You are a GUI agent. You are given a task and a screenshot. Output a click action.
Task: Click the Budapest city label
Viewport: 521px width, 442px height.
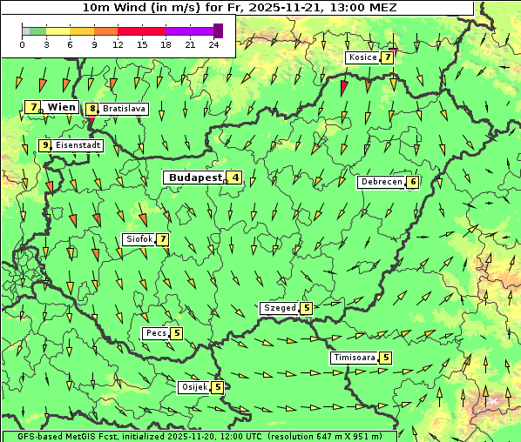point(195,177)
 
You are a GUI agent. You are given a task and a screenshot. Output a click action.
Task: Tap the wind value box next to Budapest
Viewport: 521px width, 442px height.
point(235,177)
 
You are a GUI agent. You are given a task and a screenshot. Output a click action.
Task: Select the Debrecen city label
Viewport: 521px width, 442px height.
point(382,182)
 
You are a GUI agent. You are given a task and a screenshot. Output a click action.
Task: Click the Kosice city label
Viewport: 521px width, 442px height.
point(362,57)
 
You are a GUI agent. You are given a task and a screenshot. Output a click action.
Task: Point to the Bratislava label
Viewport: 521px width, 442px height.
point(123,110)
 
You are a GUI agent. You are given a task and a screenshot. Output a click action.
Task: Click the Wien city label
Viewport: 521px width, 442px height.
point(62,107)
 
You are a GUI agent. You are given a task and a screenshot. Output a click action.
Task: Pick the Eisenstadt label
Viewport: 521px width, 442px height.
point(78,145)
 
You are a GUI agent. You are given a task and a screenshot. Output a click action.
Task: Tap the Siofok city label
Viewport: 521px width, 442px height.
point(139,239)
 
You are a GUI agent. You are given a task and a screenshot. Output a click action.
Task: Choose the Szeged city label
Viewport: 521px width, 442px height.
point(279,308)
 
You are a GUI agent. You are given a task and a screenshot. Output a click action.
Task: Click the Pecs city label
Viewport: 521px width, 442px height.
point(156,333)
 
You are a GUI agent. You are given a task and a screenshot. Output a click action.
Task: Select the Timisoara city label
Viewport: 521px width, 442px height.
point(354,358)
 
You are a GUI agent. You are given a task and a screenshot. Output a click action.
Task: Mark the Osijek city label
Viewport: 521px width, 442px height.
point(193,387)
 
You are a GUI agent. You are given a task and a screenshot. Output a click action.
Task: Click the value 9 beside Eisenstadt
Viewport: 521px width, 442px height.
point(44,145)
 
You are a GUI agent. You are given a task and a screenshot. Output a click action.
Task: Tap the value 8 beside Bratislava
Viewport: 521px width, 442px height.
point(91,110)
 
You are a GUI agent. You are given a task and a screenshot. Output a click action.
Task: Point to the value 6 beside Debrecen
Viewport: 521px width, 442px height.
point(412,182)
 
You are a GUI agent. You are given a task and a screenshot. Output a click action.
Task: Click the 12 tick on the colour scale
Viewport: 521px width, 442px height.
point(117,44)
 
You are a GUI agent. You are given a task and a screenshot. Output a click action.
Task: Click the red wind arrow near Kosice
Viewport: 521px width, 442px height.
point(344,87)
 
